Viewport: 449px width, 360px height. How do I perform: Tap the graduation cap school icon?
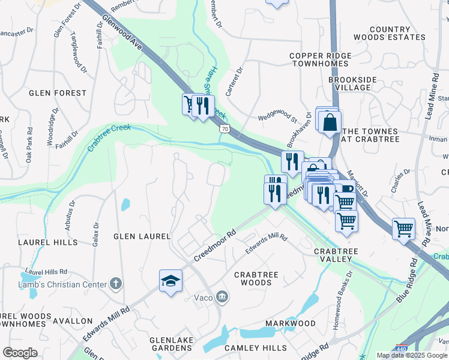[170, 280]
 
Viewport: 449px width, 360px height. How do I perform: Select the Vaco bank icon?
[222, 296]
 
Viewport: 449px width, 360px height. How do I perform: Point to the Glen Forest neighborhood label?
[58, 93]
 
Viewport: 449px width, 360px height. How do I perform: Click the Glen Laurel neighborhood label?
[142, 236]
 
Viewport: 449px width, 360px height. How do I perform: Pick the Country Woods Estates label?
[398, 33]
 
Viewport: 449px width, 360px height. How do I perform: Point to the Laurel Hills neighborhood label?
[47, 242]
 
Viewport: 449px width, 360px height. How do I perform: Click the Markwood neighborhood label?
[291, 323]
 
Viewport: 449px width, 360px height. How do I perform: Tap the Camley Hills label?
[256, 348]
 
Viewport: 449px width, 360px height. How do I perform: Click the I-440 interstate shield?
[402, 348]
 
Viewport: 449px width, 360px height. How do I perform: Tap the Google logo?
[20, 353]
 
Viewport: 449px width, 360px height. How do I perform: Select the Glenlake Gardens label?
[172, 344]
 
